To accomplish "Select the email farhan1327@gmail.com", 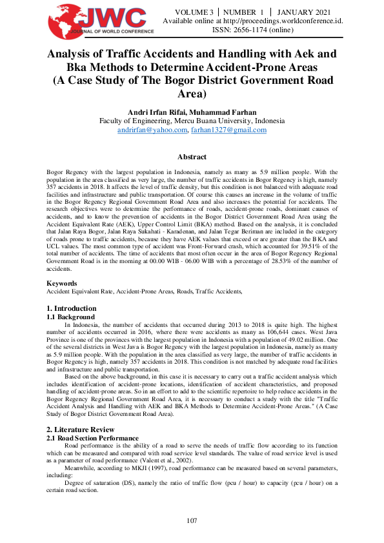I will coord(228,130).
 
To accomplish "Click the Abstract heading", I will coord(192,157).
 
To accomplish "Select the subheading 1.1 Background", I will coord(71,317).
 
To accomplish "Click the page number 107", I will coord(192,520).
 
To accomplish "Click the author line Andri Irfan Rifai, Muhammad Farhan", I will coord(192,112).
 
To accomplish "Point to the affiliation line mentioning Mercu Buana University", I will coord(192,121).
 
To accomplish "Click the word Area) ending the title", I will coord(192,94).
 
